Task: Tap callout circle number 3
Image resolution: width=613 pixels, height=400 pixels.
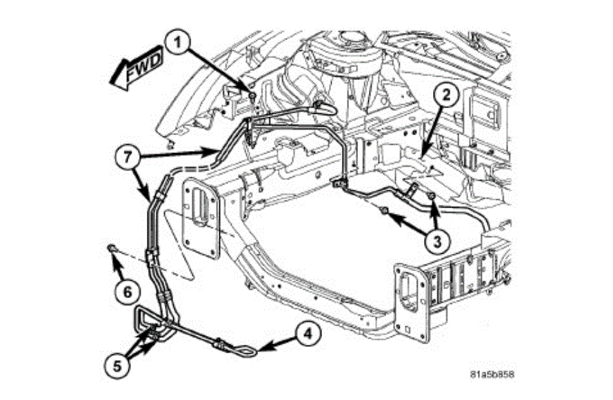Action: click(x=436, y=240)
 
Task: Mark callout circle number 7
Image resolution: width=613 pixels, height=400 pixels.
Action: click(x=125, y=157)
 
